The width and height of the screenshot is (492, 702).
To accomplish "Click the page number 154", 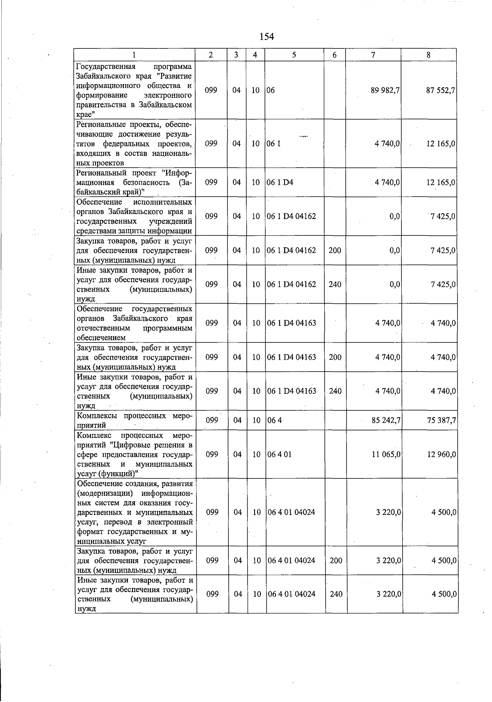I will click(266, 37).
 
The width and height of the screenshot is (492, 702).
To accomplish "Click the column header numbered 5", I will click(294, 55).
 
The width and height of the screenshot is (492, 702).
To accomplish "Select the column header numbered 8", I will click(428, 55).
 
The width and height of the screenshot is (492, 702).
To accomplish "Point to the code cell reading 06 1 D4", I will click(280, 182).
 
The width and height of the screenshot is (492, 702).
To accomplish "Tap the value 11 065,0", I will click(386, 454).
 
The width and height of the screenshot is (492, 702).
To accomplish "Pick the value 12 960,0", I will click(442, 454).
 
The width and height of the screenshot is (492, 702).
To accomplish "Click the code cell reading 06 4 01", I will click(279, 454).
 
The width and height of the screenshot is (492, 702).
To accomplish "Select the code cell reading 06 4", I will click(275, 420).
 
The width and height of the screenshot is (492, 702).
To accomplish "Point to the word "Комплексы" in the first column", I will click(98, 416).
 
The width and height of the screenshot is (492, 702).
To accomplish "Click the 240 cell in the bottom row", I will click(336, 594).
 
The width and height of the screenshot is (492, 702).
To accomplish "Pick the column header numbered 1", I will click(134, 55).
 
